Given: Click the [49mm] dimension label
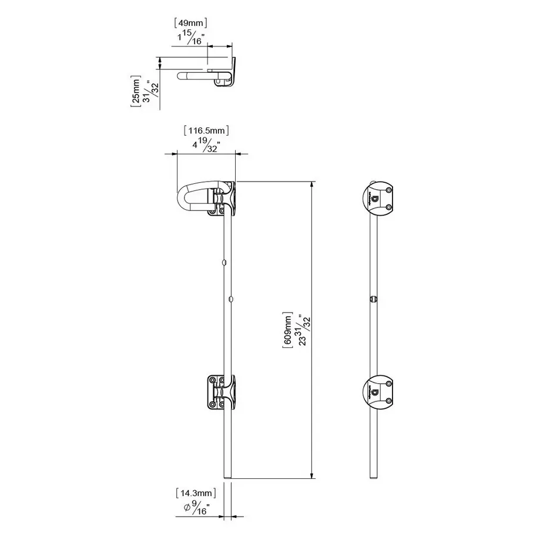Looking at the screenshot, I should click(x=191, y=24).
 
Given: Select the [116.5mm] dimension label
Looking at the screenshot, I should click(x=206, y=130).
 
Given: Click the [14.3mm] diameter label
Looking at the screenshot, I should click(x=196, y=492).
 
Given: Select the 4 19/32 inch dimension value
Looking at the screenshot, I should click(x=205, y=145).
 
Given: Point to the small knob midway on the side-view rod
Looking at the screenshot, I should click(x=373, y=299).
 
